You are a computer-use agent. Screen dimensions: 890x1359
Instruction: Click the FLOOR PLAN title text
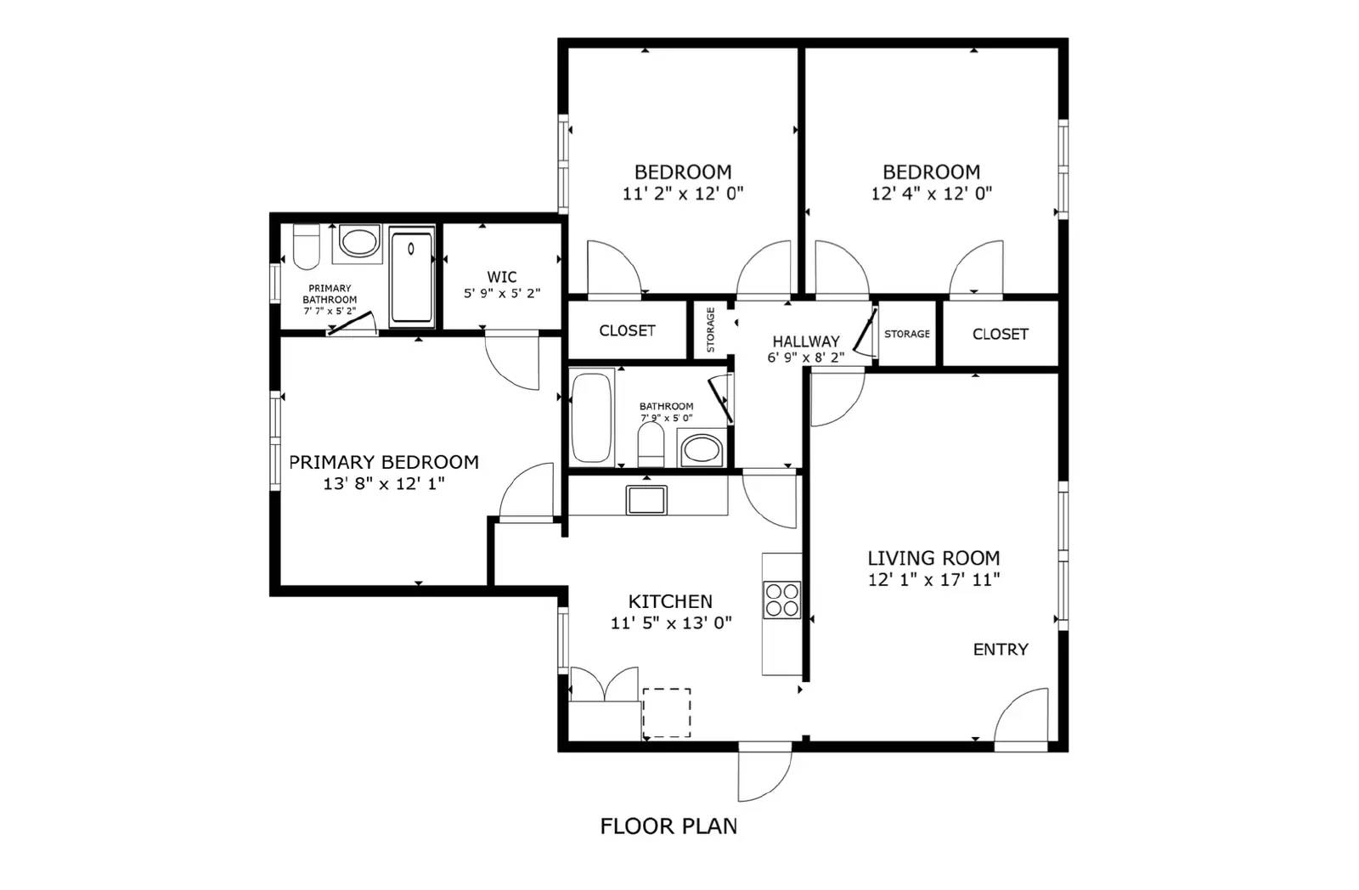pyautogui.click(x=668, y=826)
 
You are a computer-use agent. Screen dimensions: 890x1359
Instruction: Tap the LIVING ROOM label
pyautogui.click(x=933, y=558)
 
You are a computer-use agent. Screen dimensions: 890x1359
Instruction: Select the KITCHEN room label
pyautogui.click(x=670, y=601)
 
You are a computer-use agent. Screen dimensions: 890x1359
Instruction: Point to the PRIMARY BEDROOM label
pyautogui.click(x=384, y=462)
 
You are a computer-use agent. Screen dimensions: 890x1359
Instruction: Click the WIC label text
pyautogui.click(x=502, y=277)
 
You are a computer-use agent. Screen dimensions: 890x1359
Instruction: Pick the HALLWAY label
pyautogui.click(x=805, y=341)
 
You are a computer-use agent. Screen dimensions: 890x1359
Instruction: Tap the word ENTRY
pyautogui.click(x=1001, y=650)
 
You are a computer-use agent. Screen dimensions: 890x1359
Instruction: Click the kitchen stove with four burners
pyautogui.click(x=781, y=599)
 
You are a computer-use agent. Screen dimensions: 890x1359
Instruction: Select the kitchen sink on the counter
pyautogui.click(x=646, y=499)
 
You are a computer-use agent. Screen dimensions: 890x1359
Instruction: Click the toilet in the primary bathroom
pyautogui.click(x=305, y=246)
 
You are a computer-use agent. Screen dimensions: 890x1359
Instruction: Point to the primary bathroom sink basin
pyautogui.click(x=359, y=241)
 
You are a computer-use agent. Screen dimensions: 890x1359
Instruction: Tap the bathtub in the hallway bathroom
pyautogui.click(x=592, y=418)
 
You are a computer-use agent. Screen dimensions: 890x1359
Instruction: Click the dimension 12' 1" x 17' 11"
pyautogui.click(x=933, y=580)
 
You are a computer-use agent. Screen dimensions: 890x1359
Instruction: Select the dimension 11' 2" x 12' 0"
pyautogui.click(x=683, y=194)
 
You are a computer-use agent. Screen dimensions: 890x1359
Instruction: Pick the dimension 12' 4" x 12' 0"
pyautogui.click(x=931, y=194)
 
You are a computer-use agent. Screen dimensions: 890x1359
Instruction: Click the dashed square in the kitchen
pyautogui.click(x=667, y=713)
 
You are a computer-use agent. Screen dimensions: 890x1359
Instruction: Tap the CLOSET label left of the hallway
pyautogui.click(x=627, y=330)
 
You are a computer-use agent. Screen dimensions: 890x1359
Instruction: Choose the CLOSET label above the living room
pyautogui.click(x=1000, y=334)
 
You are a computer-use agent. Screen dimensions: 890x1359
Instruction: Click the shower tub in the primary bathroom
pyautogui.click(x=411, y=276)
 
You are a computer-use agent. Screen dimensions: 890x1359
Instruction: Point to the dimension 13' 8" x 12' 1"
pyautogui.click(x=384, y=484)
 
